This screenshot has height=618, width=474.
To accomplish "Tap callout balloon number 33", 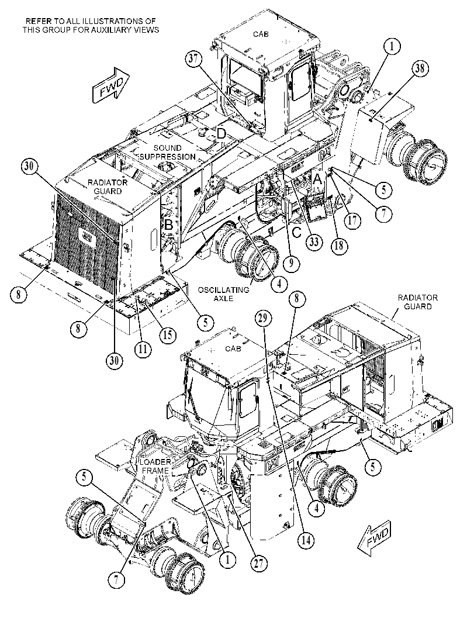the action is (x=313, y=241).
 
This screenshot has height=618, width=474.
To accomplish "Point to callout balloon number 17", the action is (x=352, y=220).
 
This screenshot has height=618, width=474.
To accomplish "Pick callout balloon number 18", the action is (x=338, y=245).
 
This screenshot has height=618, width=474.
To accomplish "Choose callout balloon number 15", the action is (x=168, y=334).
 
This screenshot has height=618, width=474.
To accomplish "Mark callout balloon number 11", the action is (x=143, y=348).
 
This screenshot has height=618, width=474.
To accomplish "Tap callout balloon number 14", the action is (x=306, y=540).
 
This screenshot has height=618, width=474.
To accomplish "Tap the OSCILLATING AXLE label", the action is (x=223, y=294).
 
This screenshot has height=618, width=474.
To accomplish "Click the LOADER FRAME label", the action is (x=157, y=466).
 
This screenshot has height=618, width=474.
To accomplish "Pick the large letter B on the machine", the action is (x=168, y=225).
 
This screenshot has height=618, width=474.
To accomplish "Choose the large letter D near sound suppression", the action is (x=222, y=134).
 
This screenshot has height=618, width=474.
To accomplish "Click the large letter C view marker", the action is (x=296, y=232).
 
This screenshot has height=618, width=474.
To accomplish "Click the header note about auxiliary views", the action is (x=91, y=25).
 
